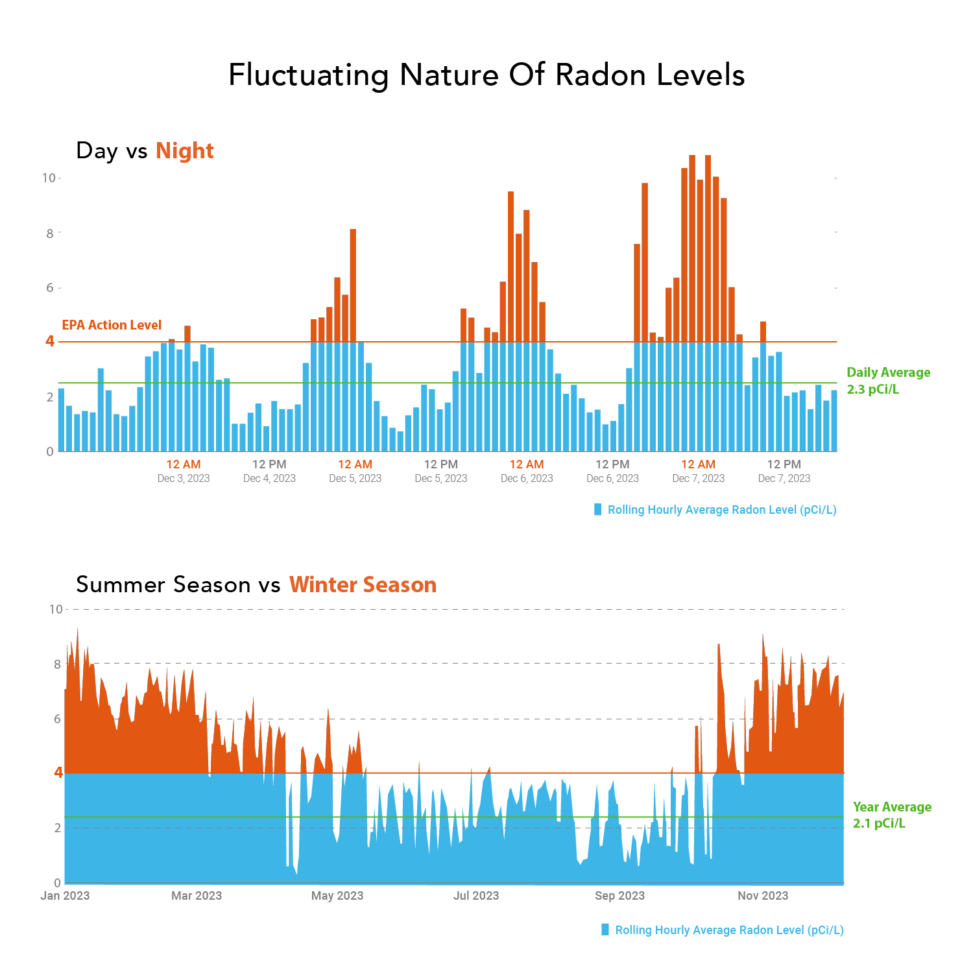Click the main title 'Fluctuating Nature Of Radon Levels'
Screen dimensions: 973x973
tap(486, 75)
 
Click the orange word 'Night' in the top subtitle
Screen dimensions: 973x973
tap(184, 150)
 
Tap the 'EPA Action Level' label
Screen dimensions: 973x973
tap(112, 325)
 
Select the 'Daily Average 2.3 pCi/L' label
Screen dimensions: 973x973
tap(888, 381)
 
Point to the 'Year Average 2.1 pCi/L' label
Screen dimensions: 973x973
tap(891, 815)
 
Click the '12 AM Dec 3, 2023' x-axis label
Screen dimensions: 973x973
tap(184, 471)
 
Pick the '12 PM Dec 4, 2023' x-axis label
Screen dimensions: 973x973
tap(269, 471)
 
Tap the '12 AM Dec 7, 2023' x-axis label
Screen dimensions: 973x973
tap(698, 471)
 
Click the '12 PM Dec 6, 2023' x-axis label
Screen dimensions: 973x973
tap(612, 471)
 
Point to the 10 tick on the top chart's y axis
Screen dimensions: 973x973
tap(49, 178)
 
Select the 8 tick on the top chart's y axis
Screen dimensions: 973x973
tap(50, 233)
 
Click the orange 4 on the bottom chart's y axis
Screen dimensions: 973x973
tap(58, 773)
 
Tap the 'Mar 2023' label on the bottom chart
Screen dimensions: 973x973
tap(196, 896)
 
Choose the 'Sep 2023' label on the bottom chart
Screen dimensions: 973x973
tap(619, 896)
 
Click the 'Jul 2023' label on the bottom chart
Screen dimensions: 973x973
tap(476, 896)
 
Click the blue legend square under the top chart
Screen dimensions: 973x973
tap(598, 510)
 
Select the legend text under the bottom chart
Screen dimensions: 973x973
tap(729, 930)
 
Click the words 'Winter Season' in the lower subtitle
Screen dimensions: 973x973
tap(363, 585)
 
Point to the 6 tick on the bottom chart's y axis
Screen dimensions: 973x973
tap(57, 719)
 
